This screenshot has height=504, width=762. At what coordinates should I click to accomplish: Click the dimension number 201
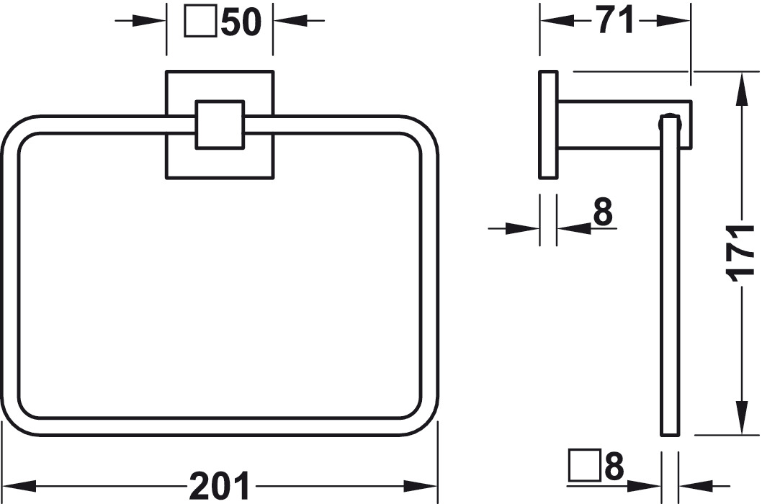[x=220, y=485]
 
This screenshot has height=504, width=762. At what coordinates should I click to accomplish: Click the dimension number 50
[x=241, y=22]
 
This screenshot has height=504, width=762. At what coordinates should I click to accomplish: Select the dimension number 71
[x=616, y=20]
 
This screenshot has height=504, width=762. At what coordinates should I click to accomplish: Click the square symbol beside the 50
[x=200, y=23]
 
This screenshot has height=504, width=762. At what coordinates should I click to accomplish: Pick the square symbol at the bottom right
[x=584, y=465]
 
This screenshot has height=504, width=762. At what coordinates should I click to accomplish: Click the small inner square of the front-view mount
[x=220, y=125]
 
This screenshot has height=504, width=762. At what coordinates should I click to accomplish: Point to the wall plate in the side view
[x=548, y=125]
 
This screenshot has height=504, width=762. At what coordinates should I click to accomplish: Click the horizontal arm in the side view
[x=624, y=125]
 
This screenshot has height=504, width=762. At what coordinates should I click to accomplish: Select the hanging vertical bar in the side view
[x=670, y=275]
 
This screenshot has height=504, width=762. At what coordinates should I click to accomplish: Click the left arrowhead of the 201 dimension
[x=19, y=485]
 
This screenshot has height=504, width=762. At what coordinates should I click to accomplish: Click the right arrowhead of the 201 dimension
[x=421, y=485]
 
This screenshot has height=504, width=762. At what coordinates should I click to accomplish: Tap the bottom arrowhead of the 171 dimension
[x=742, y=417]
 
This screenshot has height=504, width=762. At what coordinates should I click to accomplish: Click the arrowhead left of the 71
[x=557, y=21]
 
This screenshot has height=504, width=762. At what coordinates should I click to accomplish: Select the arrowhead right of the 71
[x=673, y=21]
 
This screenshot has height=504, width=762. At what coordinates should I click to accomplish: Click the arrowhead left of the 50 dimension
[x=149, y=20]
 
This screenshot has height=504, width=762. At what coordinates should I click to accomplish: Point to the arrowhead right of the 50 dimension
[x=290, y=20]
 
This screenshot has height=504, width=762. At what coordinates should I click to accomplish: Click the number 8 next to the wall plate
[x=603, y=212]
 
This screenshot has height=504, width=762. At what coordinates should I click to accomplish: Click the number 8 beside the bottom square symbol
[x=614, y=466]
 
